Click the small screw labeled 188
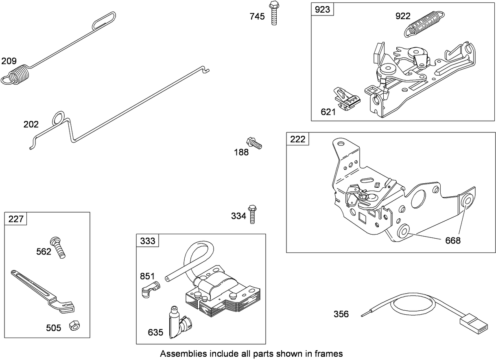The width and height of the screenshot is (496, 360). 254,143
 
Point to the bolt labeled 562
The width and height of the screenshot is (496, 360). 58,247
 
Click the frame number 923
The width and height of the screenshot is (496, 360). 323,10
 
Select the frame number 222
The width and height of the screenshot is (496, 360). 297,139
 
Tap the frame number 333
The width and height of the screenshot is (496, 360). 147,241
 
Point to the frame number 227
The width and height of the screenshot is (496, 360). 16,219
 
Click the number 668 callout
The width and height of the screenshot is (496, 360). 452,240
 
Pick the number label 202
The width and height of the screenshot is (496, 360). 31,124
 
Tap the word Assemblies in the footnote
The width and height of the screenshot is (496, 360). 179,353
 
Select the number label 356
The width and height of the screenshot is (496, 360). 341,314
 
